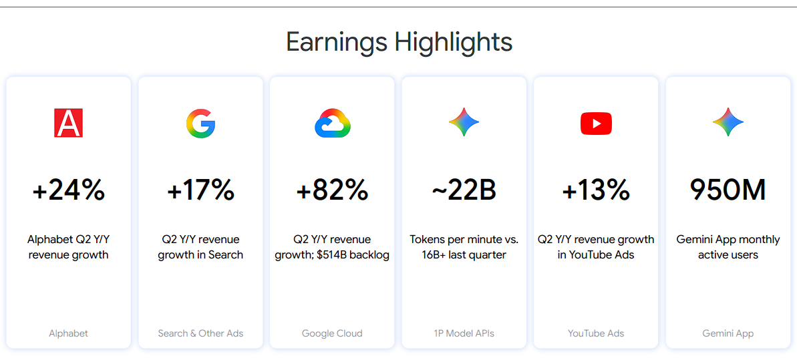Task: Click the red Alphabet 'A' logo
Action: click(68, 123)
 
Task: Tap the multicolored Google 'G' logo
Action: click(200, 124)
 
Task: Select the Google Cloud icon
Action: click(333, 123)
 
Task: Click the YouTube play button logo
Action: click(596, 124)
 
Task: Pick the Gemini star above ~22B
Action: click(464, 122)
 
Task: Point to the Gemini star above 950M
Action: click(728, 122)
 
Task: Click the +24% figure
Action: click(69, 190)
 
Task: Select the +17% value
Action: click(200, 190)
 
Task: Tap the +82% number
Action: click(333, 190)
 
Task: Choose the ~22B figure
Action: click(464, 190)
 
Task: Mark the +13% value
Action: click(596, 190)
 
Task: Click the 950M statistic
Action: click(728, 190)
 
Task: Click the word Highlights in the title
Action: click(454, 41)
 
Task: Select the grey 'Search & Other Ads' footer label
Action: click(200, 333)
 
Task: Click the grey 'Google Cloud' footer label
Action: click(332, 333)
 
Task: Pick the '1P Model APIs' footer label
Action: click(464, 333)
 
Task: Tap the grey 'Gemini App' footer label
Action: click(728, 333)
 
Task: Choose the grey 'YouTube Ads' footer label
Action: click(596, 333)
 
